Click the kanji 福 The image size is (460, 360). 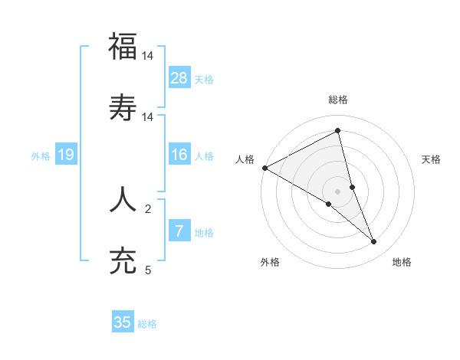tap(123, 47)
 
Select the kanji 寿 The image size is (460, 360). tap(123, 108)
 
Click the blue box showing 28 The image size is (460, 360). tap(179, 78)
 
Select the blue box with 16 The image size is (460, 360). tap(179, 155)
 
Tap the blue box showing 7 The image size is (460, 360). tap(179, 231)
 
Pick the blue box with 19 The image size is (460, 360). tap(66, 155)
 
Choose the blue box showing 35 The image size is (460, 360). tap(123, 322)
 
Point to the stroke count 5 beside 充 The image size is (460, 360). tap(148, 270)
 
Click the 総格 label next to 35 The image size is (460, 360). tap(147, 324)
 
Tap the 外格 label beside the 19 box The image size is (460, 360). tap(41, 156)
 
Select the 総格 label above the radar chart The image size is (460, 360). tap(338, 100)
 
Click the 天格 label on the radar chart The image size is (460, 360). tap(432, 159)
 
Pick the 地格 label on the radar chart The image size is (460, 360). tap(402, 262)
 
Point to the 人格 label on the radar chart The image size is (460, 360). tap(245, 159)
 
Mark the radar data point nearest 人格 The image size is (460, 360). tap(264, 167)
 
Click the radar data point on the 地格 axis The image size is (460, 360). tap(374, 242)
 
